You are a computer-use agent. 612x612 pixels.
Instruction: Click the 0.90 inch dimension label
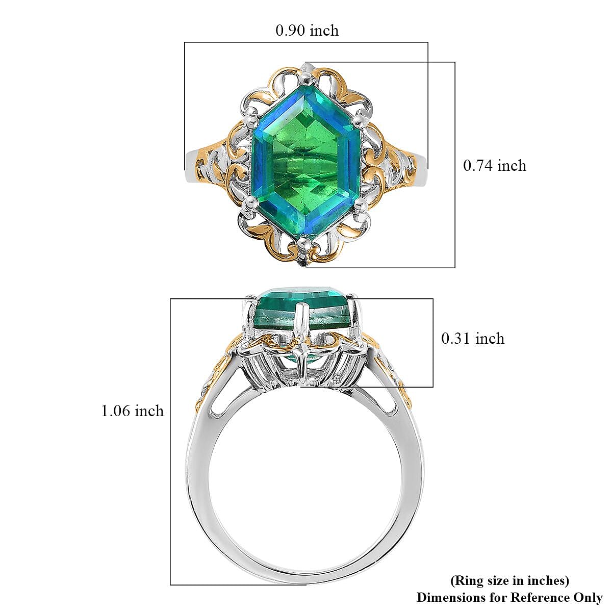coord(307,31)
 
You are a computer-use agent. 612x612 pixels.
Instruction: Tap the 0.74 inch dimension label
coord(494,166)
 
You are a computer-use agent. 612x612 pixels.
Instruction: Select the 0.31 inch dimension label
coord(472,339)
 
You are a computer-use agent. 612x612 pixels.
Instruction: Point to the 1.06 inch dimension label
coord(133,411)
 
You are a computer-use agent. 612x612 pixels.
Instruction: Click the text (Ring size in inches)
coord(509,580)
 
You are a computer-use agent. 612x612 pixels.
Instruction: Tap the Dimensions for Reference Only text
coord(509,597)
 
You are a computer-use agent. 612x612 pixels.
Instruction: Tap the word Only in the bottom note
coord(589,597)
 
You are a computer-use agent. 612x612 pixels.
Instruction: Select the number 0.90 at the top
coord(291,31)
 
